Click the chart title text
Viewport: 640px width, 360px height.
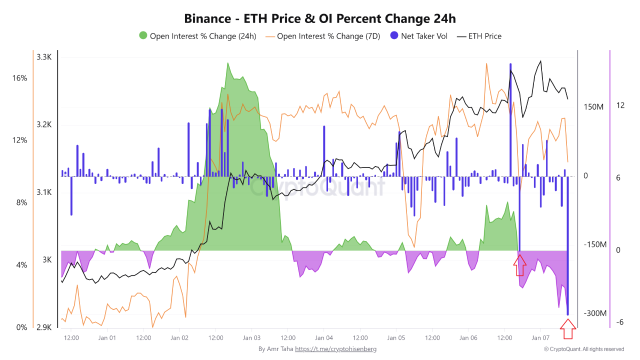[320, 18]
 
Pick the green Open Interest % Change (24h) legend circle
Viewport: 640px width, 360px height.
[143, 36]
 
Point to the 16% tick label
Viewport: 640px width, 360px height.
[20, 78]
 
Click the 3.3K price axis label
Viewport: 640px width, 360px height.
[44, 57]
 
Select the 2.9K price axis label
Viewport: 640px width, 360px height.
[44, 327]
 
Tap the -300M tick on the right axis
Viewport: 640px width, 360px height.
[595, 313]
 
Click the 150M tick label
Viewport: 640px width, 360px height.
[593, 107]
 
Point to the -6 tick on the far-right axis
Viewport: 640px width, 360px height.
[620, 322]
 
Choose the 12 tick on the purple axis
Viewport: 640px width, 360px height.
[620, 105]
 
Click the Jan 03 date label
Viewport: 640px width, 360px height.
[251, 338]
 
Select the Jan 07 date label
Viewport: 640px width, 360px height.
[540, 338]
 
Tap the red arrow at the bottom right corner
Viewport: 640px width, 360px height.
[568, 330]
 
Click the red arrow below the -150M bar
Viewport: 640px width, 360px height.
[520, 265]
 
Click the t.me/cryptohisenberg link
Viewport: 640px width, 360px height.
[335, 349]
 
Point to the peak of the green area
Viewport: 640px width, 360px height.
[228, 63]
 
